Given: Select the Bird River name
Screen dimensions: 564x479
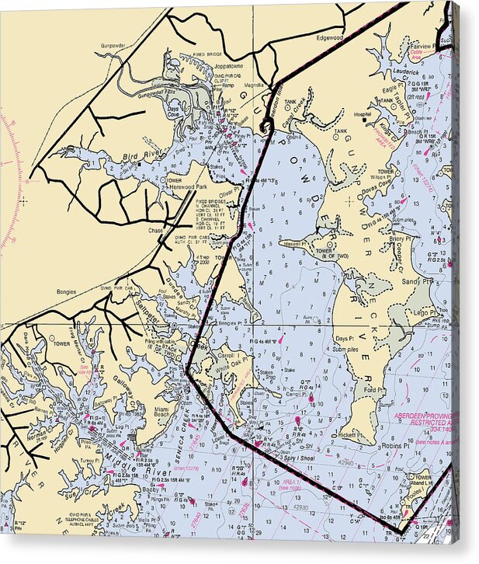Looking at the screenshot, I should tap(134, 158).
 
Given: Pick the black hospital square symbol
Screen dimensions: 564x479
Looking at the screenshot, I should tap(366, 120).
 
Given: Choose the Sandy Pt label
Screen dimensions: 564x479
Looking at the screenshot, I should tap(417, 280).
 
